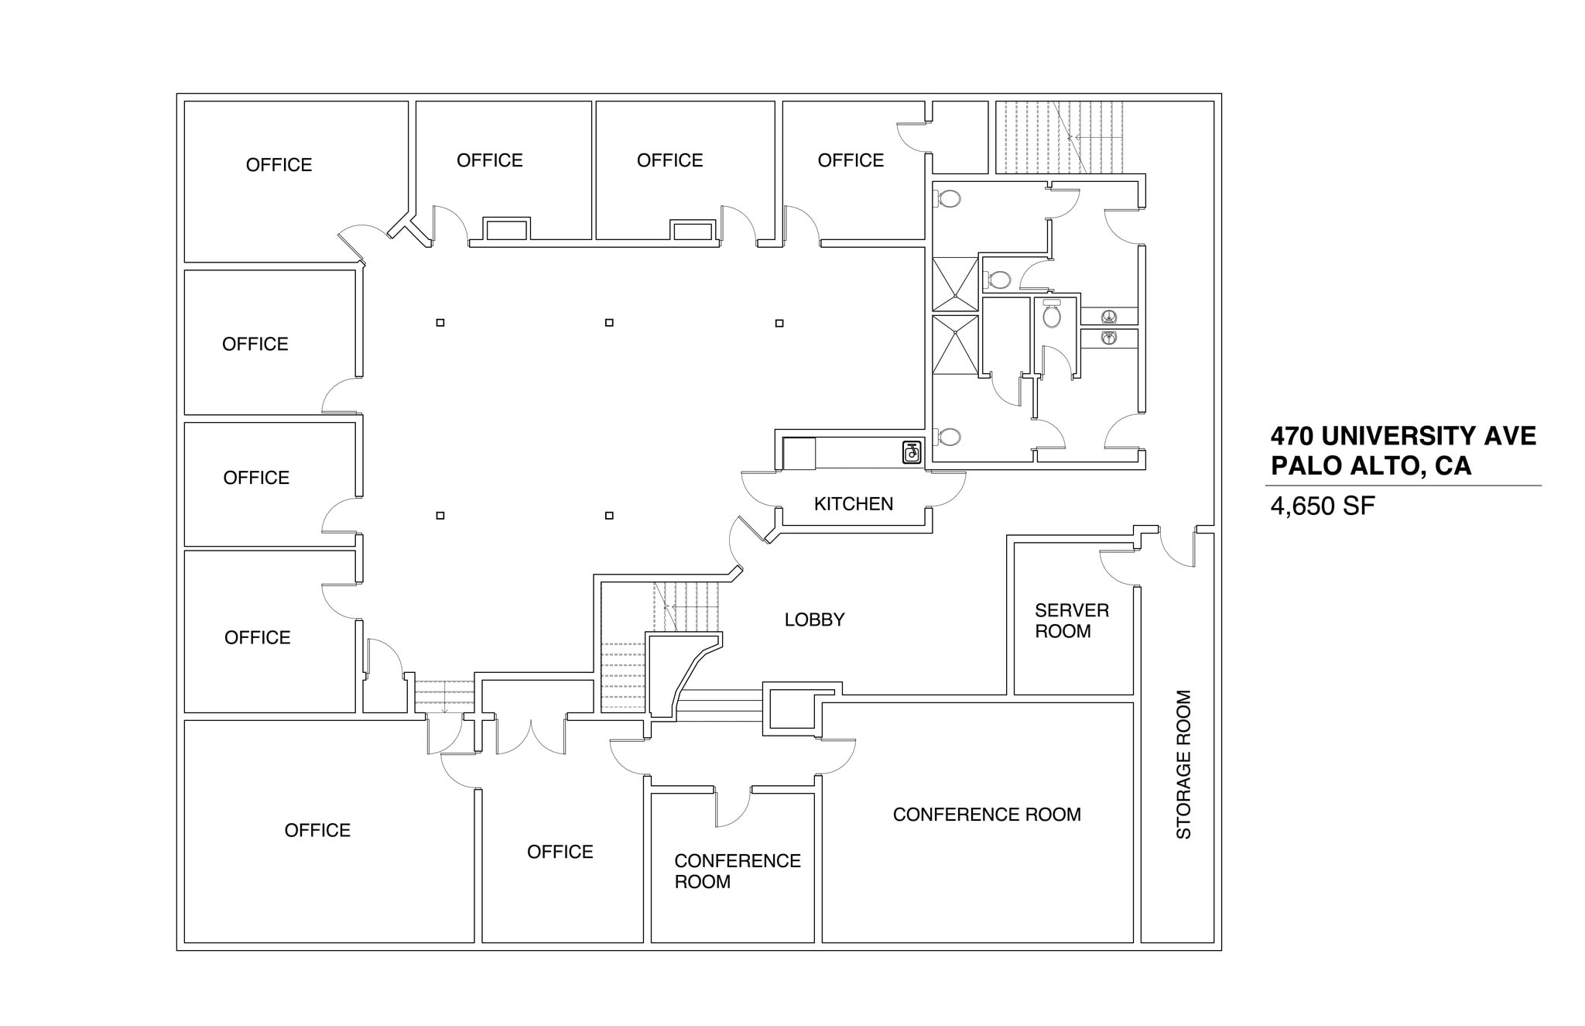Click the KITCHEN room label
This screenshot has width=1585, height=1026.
point(853,504)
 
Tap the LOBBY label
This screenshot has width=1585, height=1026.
point(814,619)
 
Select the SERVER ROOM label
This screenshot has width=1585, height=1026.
point(1071,621)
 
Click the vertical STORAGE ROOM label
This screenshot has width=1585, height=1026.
point(1183,764)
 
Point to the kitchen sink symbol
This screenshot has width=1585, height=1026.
point(912,452)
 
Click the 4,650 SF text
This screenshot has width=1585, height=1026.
point(1323,506)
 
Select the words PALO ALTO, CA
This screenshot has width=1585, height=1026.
point(1371,466)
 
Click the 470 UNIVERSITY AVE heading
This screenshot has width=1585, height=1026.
point(1402,436)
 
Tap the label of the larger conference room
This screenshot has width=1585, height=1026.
point(986,815)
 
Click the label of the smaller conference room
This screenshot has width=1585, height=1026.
point(736,871)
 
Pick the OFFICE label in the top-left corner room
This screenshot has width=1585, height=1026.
point(279,165)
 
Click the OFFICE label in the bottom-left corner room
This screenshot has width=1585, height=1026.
point(317,830)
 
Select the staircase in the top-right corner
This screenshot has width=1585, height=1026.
point(1059,137)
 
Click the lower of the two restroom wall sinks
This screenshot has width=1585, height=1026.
point(1109,338)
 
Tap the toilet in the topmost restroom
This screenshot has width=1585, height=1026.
point(948,199)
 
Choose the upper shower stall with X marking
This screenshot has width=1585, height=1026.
point(955,284)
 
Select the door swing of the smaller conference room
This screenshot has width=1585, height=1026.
point(732,808)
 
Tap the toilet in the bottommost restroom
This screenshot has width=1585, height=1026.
point(948,438)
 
